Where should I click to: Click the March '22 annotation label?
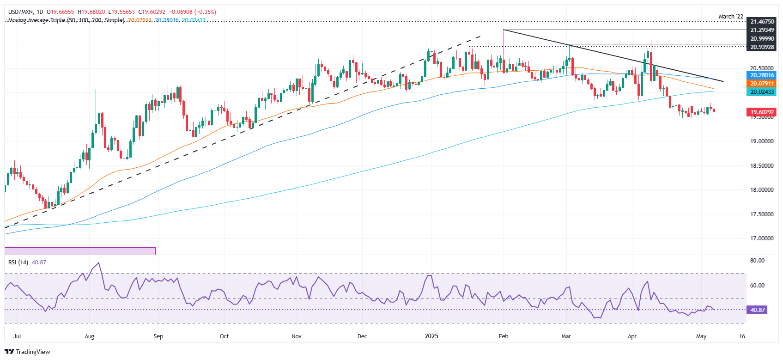(x=731, y=17)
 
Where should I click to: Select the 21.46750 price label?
(x=762, y=22)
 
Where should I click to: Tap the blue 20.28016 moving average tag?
(x=762, y=75)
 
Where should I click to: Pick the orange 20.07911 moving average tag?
(x=762, y=84)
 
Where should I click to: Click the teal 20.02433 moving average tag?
(x=762, y=92)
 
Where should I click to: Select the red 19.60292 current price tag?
(x=762, y=112)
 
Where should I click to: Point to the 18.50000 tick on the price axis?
(x=762, y=165)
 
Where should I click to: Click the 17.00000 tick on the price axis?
(x=762, y=238)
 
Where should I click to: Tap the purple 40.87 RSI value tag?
(x=757, y=310)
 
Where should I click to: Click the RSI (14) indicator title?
(x=18, y=262)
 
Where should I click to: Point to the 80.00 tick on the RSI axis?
(x=757, y=261)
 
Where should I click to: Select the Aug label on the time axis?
(x=90, y=336)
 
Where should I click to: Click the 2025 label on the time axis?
(x=431, y=336)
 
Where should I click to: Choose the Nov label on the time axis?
(x=297, y=336)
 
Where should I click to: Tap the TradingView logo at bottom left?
(x=27, y=352)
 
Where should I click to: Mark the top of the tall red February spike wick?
(x=504, y=30)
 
